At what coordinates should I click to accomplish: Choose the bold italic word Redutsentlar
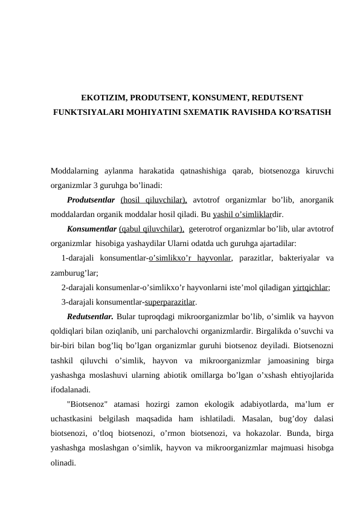[x=91, y=316]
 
